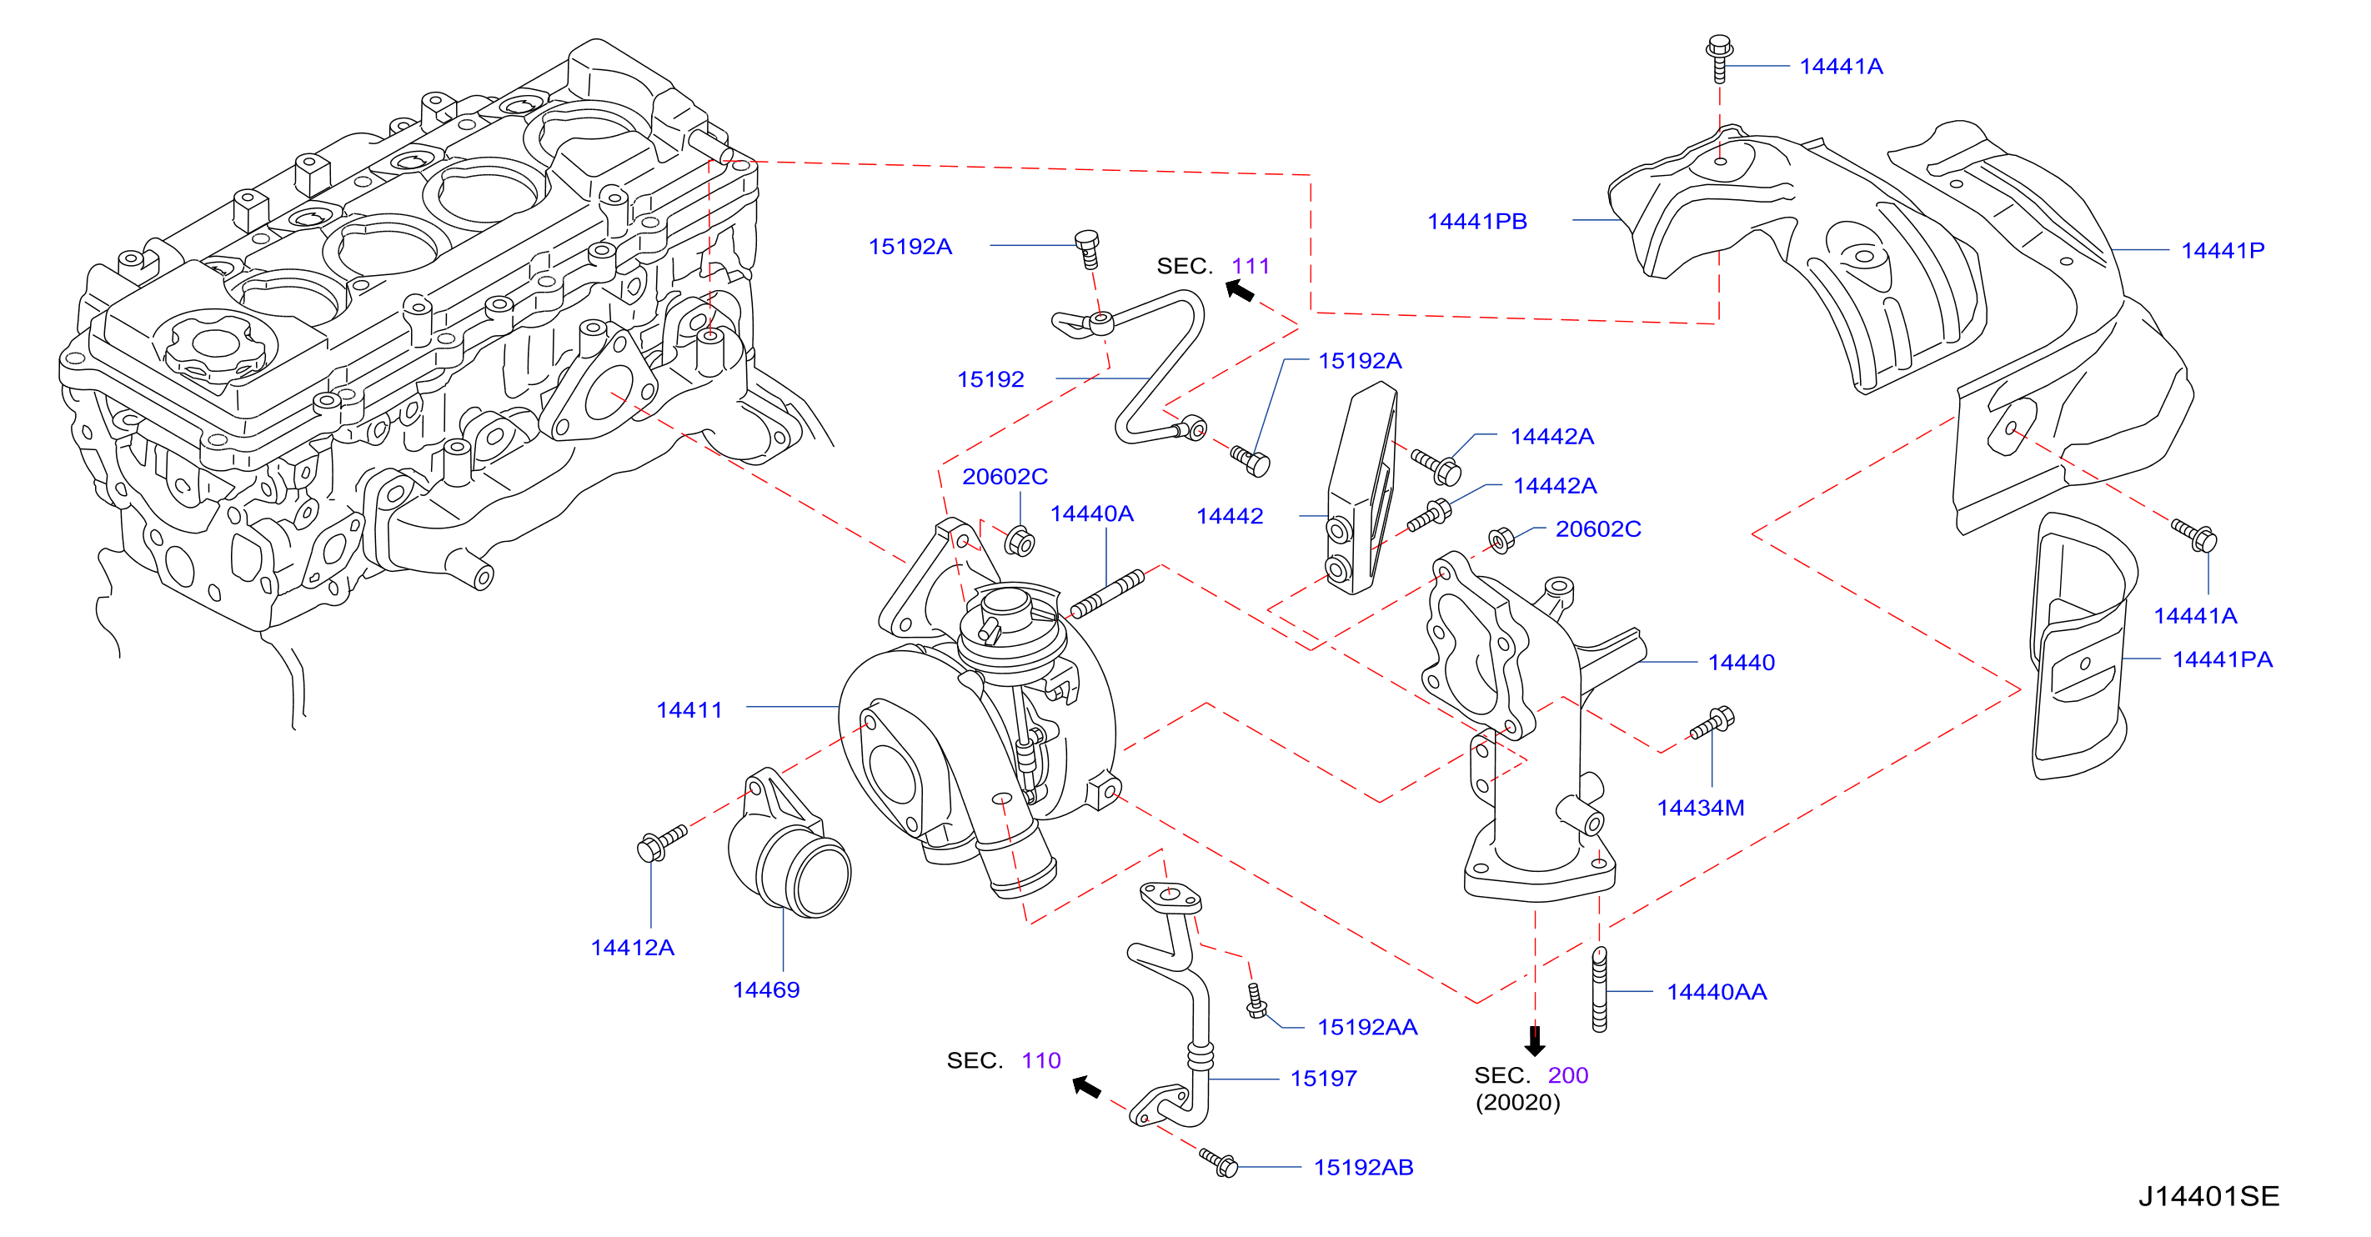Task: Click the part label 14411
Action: click(x=689, y=709)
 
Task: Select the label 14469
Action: click(x=766, y=989)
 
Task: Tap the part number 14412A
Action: click(x=632, y=947)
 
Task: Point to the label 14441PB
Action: click(x=1476, y=221)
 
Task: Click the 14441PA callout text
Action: click(x=2222, y=659)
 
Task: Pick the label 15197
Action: click(x=1324, y=1078)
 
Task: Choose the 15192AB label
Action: click(x=1363, y=1167)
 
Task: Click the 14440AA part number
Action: click(x=1717, y=991)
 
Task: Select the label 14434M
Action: click(x=1700, y=807)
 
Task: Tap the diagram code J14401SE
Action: click(x=2208, y=1195)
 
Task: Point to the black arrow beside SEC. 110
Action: click(x=1086, y=1087)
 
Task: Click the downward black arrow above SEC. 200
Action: click(x=1534, y=1041)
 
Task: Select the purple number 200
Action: click(x=1567, y=1075)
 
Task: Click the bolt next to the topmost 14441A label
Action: click(x=1718, y=58)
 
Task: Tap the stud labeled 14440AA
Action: click(x=1600, y=989)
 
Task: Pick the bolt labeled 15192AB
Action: click(x=1218, y=1161)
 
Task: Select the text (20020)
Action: click(x=1518, y=1102)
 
